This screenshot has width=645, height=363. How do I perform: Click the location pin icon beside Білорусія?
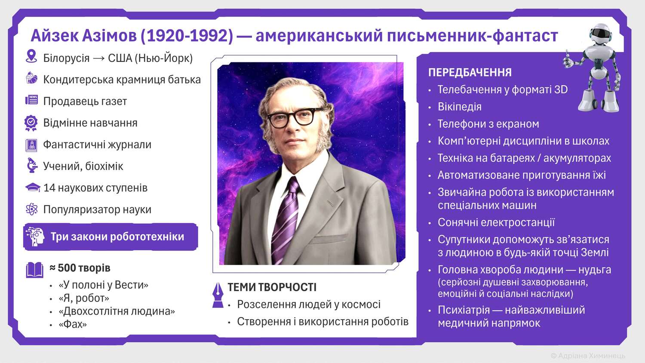(31, 56)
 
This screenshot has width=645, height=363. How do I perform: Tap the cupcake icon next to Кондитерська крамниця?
(31, 78)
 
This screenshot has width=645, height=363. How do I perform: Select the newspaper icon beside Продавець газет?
(31, 100)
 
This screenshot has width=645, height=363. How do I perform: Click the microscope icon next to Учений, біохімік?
(31, 166)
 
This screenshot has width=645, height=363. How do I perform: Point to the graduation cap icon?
(33, 188)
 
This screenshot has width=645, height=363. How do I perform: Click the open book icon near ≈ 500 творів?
(34, 270)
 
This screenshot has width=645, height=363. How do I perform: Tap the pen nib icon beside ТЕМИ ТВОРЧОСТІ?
(218, 294)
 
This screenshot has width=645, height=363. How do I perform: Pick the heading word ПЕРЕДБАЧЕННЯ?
(470, 73)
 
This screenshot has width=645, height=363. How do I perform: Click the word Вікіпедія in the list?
(459, 107)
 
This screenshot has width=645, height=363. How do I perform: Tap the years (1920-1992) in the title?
(187, 36)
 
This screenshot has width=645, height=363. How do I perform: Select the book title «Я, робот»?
(84, 298)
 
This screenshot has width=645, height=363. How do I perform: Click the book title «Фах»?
(73, 324)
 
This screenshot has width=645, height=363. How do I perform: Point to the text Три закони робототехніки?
(117, 237)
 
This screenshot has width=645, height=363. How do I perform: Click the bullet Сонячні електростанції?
(496, 222)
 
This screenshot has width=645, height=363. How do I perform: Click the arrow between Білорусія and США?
(98, 58)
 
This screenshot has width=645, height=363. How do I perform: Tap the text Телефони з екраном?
(488, 124)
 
